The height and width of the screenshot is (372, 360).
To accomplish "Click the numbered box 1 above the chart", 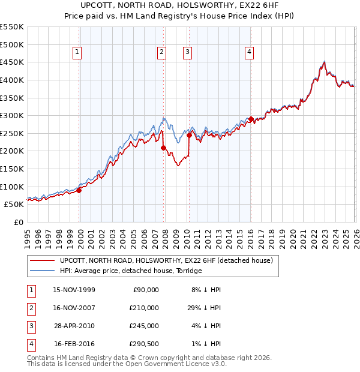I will (78, 53).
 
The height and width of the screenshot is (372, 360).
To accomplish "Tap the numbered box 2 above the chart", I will (162, 53).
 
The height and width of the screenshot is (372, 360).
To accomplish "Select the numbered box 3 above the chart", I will (187, 53).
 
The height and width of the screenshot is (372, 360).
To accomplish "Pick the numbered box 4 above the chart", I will (248, 53).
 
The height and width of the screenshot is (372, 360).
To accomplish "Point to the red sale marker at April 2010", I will (190, 135).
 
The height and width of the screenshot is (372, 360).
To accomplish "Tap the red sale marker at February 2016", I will (251, 119).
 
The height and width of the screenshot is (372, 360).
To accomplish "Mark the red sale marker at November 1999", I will (79, 190).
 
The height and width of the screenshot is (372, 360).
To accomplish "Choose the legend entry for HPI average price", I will (131, 271).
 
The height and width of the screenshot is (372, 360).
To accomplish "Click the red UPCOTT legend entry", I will (166, 260).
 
